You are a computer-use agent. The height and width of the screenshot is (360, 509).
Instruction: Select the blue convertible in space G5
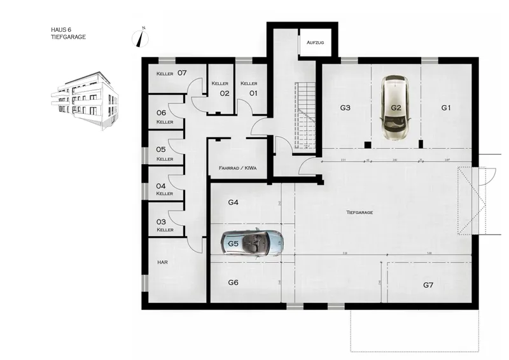click(x=253, y=242)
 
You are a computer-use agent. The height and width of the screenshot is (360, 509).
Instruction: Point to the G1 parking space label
click(x=446, y=108)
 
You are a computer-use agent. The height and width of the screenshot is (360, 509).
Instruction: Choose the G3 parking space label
click(x=345, y=108)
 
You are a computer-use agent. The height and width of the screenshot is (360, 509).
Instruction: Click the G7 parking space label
click(x=428, y=285)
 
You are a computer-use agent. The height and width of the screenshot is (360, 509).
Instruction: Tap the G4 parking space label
click(x=233, y=202)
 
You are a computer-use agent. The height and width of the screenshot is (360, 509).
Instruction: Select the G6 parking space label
click(x=233, y=282)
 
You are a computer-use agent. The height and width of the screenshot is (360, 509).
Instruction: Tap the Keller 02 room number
click(x=225, y=93)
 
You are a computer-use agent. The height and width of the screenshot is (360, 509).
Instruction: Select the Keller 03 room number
click(x=161, y=221)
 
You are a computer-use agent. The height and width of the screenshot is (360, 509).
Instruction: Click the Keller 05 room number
click(x=161, y=150)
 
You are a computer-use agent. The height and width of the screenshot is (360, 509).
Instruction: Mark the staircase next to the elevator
click(x=305, y=114)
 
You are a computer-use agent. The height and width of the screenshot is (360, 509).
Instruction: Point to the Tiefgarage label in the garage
click(x=359, y=212)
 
